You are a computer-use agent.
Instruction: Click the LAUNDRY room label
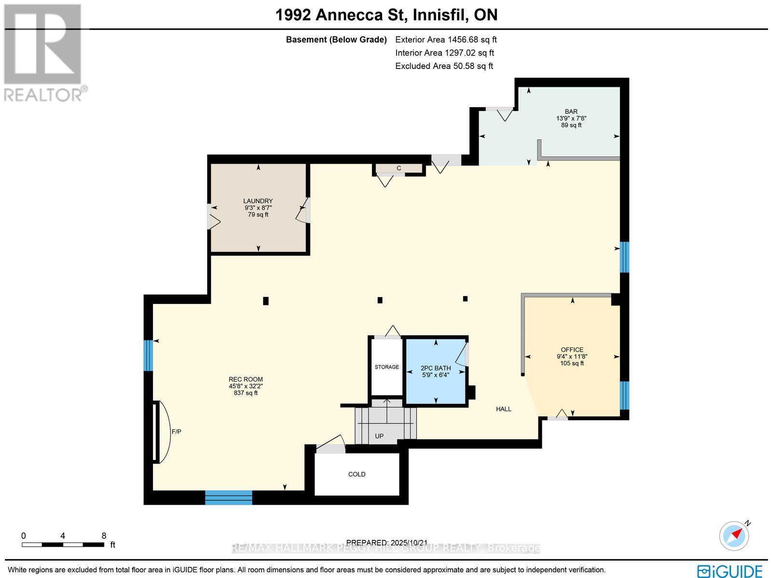pos(258,201)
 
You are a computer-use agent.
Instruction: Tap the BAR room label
pos(571,111)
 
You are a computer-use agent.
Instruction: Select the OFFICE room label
pos(572,350)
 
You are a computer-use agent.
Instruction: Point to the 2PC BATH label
pos(436,368)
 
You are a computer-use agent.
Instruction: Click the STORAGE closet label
pos(386,367)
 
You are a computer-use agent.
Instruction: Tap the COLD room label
pos(357,474)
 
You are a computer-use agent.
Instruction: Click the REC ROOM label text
pos(246,380)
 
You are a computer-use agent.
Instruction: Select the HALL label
pos(503,409)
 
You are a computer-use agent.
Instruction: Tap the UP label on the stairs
pos(379,436)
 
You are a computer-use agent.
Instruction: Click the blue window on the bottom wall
pos(229,497)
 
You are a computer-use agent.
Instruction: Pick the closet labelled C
pos(399,168)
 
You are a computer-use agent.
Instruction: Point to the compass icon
pos(735,536)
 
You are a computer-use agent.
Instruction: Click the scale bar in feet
pos(63,545)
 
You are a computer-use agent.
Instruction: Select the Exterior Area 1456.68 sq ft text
pos(445,40)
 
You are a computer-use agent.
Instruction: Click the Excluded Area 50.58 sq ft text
pos(444,66)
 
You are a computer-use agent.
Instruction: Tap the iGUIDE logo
pos(730,571)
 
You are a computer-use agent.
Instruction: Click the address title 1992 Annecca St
pos(386,15)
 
